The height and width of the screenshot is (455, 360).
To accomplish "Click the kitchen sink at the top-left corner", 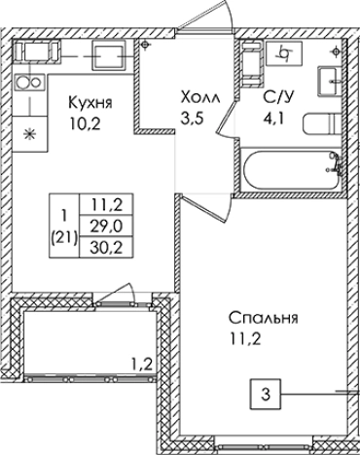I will pos(39,52).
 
